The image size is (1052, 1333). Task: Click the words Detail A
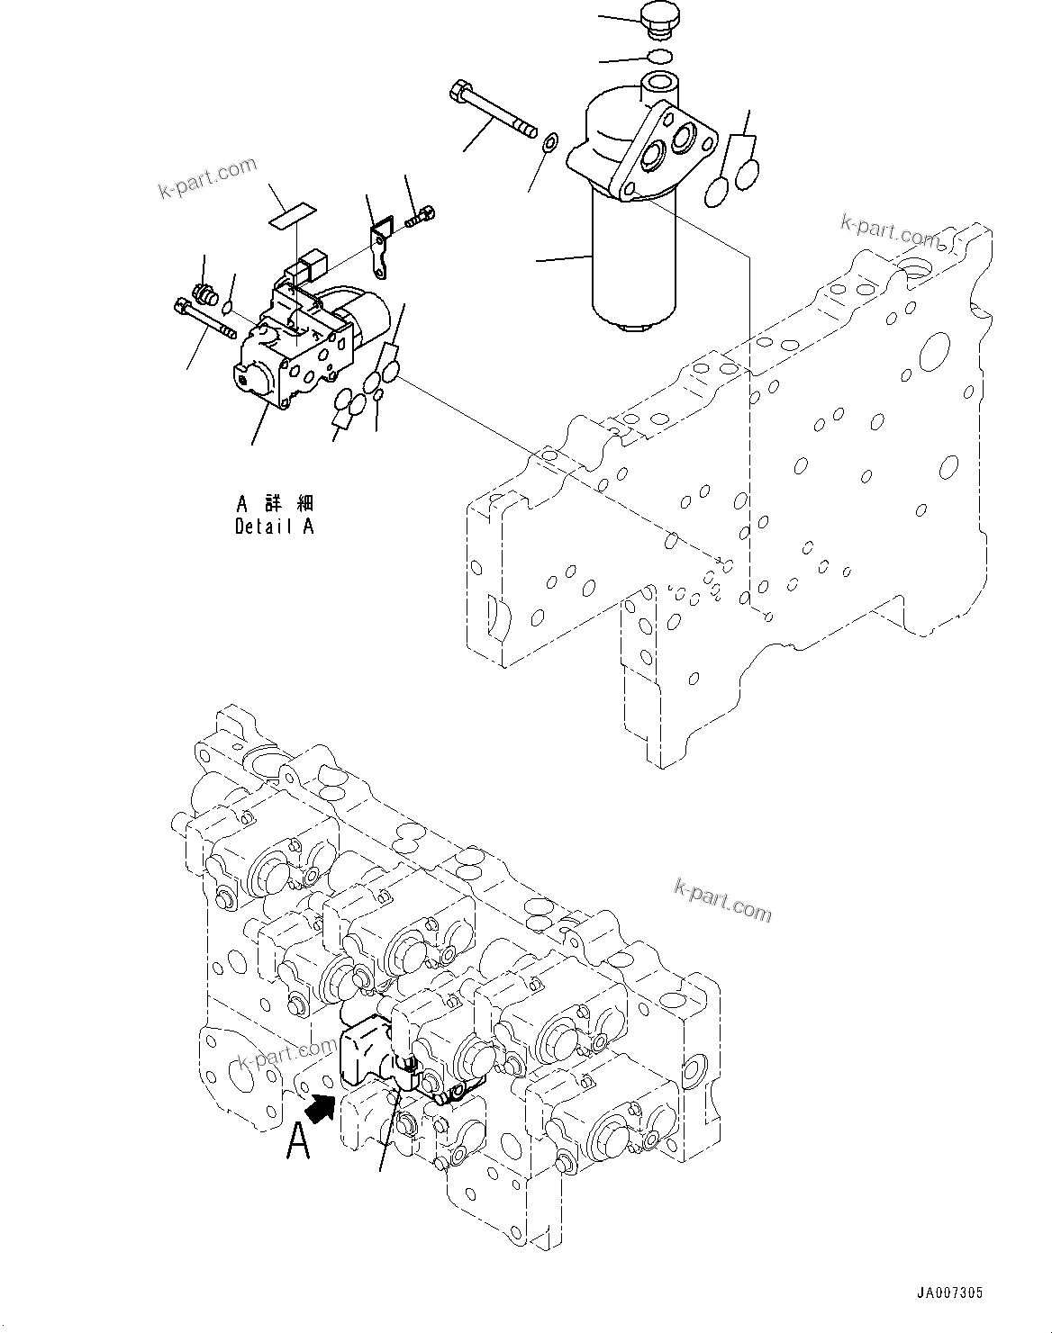(274, 527)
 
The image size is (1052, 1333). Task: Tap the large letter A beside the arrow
(298, 1142)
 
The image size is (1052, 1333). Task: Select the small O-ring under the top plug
(660, 58)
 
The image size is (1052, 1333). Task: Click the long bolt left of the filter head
(492, 108)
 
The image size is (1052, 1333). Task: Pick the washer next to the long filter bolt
(550, 140)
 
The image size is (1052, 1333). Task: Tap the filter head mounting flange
(670, 149)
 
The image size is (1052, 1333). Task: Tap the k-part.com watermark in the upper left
(207, 176)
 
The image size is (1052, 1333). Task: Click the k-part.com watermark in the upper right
(890, 231)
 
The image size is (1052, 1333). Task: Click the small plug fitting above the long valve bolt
(204, 293)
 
